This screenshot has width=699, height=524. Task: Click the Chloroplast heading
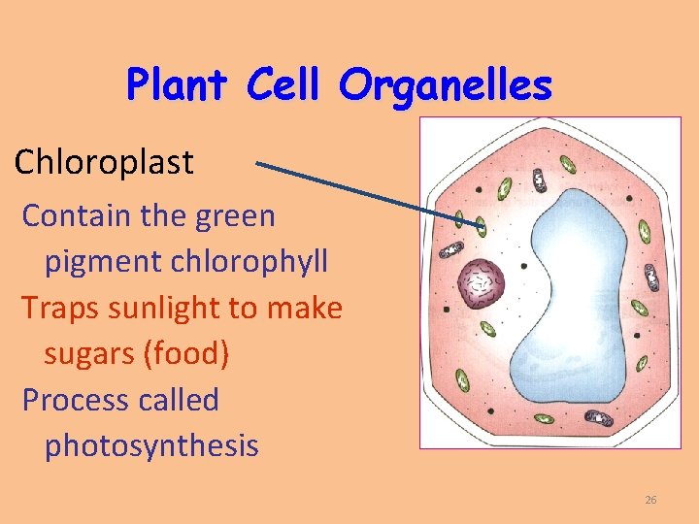point(104,162)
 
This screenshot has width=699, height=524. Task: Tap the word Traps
point(56,308)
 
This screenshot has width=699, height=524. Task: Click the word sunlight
point(160,308)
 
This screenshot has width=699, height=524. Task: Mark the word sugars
point(89,353)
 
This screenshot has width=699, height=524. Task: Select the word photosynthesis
point(151,445)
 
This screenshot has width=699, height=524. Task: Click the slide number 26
point(650,500)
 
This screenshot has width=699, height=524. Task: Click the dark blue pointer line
point(369,194)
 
